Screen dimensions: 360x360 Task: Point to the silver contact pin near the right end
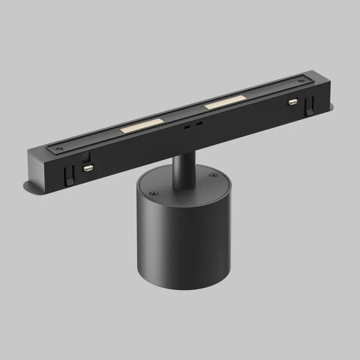coord(292,102)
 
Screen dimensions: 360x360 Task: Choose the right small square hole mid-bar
coord(199,123)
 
